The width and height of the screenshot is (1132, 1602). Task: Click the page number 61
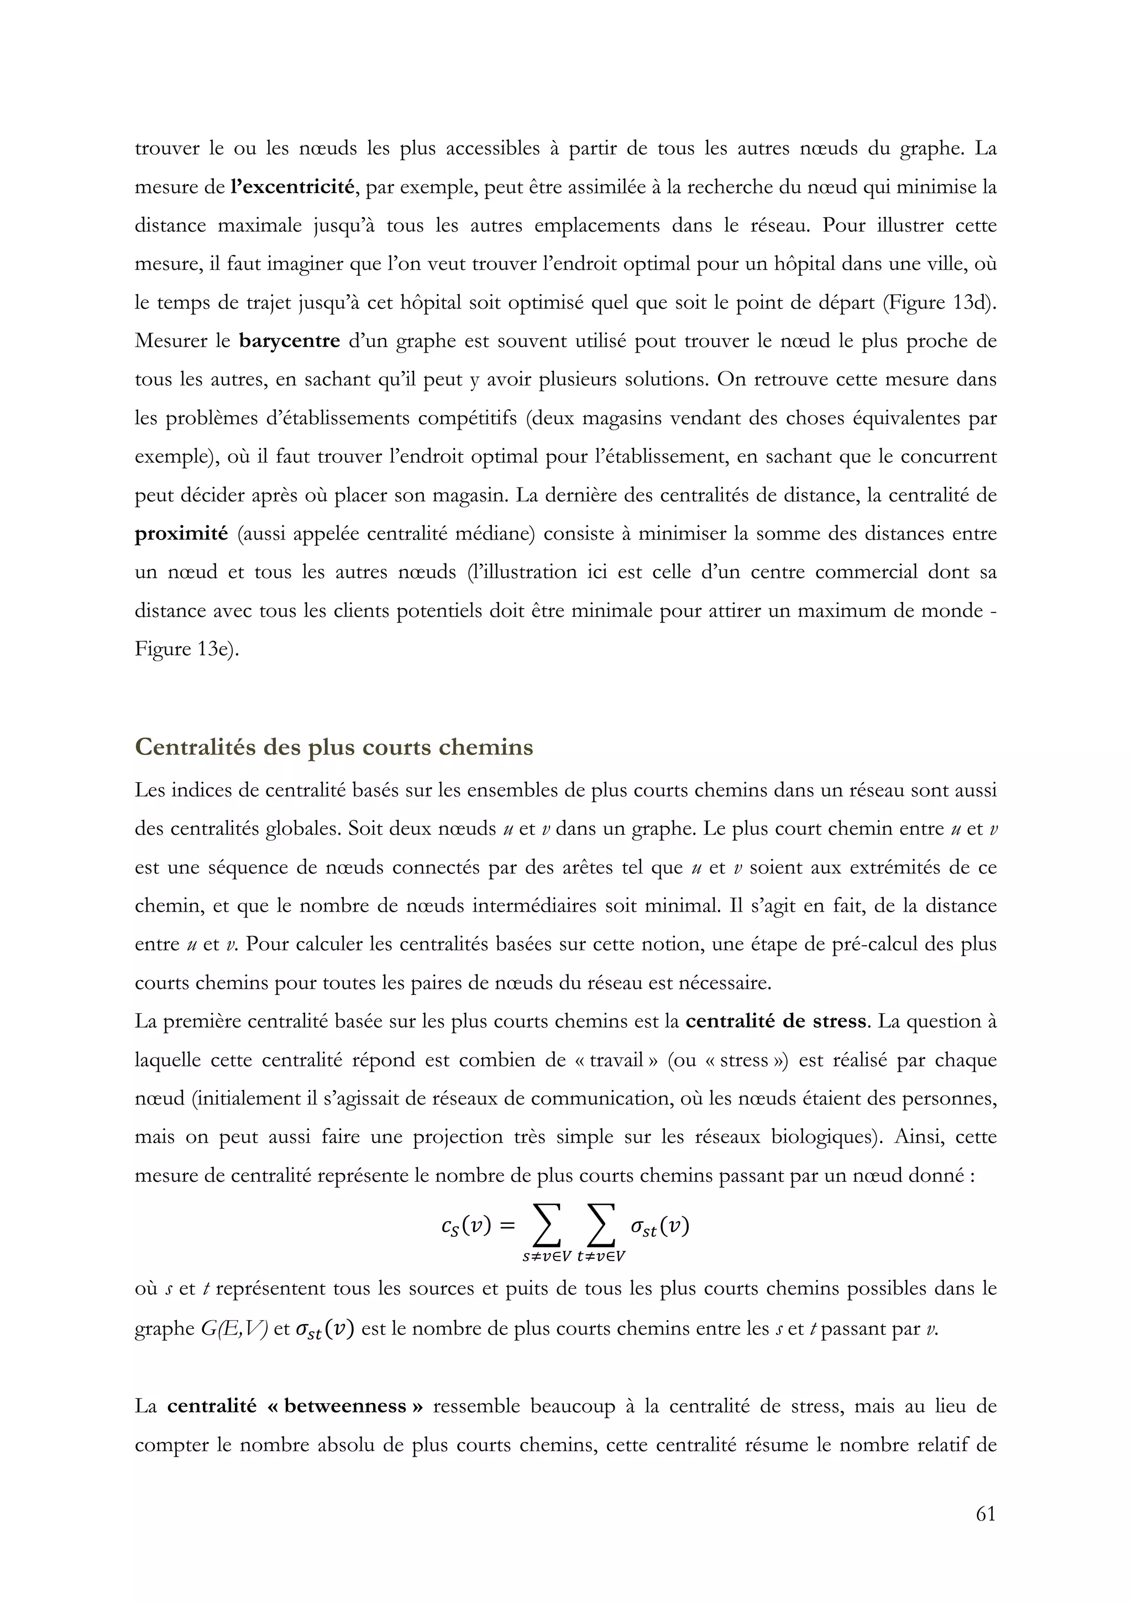point(986,1533)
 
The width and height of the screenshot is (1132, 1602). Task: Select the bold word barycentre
point(290,341)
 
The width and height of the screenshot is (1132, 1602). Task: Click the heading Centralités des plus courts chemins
point(334,747)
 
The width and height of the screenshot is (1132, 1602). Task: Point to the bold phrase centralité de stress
point(775,1022)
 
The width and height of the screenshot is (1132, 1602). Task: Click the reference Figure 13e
point(185,650)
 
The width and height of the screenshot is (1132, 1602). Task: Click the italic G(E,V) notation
point(234,1329)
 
